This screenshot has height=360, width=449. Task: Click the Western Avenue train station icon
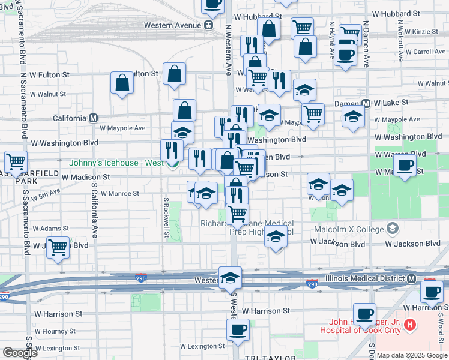tap(208, 25)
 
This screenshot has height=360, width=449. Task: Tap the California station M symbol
tap(93, 118)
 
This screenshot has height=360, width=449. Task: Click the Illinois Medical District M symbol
tap(411, 279)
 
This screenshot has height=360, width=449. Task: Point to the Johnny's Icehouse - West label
tap(116, 163)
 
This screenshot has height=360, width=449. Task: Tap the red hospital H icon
tap(410, 325)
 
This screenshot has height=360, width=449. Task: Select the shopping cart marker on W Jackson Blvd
tap(58, 247)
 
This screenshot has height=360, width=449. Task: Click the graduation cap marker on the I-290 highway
tap(230, 278)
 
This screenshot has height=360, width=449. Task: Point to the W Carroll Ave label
tap(426, 52)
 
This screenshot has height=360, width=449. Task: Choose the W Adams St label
tap(52, 229)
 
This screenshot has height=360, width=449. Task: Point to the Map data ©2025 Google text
tap(412, 355)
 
